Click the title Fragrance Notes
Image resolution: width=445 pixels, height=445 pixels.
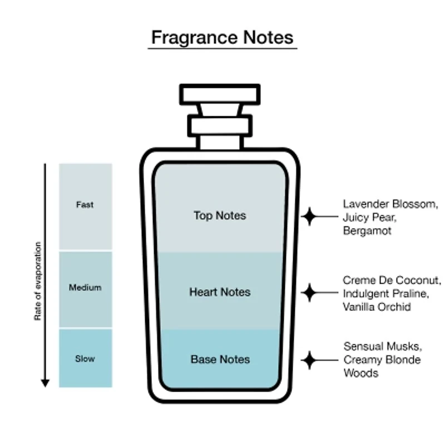point(222,38)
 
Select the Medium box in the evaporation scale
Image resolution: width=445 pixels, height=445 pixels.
point(85,288)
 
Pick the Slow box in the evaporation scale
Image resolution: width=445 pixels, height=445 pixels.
point(85,359)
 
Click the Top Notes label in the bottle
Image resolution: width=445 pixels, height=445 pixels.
point(220,215)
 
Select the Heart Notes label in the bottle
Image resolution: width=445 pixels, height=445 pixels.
point(220,292)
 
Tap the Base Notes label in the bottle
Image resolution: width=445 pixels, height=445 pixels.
point(220,359)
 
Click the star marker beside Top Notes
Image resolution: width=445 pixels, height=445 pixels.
point(309,216)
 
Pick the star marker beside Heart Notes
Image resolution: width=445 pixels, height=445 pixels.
point(309,291)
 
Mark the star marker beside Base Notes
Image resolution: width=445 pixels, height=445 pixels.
point(309,360)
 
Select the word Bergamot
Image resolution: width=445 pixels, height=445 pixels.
point(367,230)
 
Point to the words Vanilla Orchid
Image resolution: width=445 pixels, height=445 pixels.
point(377,306)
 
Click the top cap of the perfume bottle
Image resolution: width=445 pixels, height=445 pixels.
point(220,94)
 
